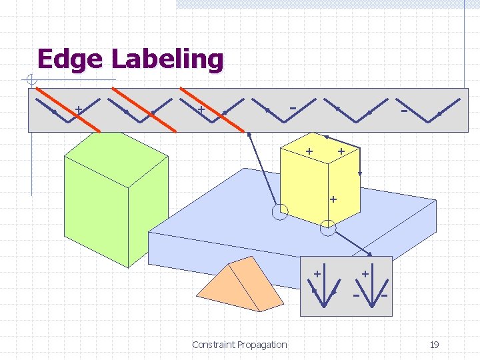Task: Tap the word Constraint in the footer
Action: coord(213,345)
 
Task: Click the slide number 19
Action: coord(434,345)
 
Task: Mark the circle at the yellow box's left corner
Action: coord(281,212)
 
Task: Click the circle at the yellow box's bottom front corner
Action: coord(328,229)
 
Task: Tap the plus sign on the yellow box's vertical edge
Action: coord(333,199)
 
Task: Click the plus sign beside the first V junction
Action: coord(79,108)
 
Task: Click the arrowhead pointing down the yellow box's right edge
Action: coord(360,173)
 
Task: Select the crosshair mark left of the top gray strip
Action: coord(31,81)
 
